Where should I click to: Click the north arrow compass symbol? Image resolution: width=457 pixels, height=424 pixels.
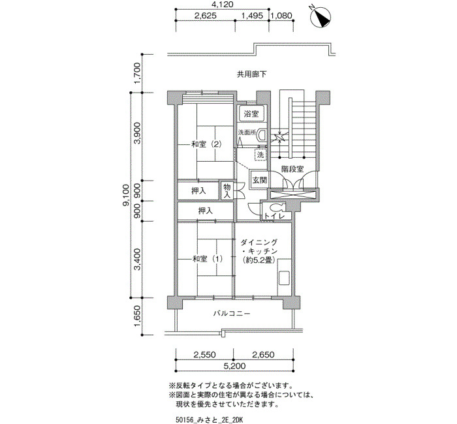pyautogui.click(x=321, y=18)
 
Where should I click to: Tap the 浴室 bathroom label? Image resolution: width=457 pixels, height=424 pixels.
pyautogui.click(x=251, y=114)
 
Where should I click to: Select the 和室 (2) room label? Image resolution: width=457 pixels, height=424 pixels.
pyautogui.click(x=207, y=144)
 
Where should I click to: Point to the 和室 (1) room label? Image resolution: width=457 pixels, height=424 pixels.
pyautogui.click(x=207, y=258)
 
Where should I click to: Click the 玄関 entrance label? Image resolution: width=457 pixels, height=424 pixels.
pyautogui.click(x=259, y=179)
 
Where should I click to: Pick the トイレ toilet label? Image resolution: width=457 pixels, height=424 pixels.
pyautogui.click(x=274, y=216)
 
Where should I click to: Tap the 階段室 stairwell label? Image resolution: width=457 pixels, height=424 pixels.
pyautogui.click(x=292, y=168)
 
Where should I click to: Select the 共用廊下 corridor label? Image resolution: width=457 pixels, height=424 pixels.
pyautogui.click(x=251, y=74)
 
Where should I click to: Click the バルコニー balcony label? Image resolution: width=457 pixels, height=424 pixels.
pyautogui.click(x=231, y=314)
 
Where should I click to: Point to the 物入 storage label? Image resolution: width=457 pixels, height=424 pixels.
pyautogui.click(x=227, y=190)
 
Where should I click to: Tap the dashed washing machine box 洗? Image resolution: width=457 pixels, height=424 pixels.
pyautogui.click(x=260, y=155)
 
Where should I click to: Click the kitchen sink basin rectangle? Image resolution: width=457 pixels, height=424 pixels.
pyautogui.click(x=284, y=278)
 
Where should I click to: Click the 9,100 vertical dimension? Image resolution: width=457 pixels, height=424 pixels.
pyautogui.click(x=126, y=195)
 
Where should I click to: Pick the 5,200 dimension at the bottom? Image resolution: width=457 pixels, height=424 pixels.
pyautogui.click(x=234, y=366)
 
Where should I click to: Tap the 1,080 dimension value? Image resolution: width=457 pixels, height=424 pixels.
pyautogui.click(x=281, y=16)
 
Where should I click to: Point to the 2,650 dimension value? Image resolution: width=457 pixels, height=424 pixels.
pyautogui.click(x=263, y=355)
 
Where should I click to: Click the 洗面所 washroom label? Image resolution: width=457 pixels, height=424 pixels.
pyautogui.click(x=247, y=132)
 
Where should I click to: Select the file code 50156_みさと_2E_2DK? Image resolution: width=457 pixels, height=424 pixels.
pyautogui.click(x=210, y=420)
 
